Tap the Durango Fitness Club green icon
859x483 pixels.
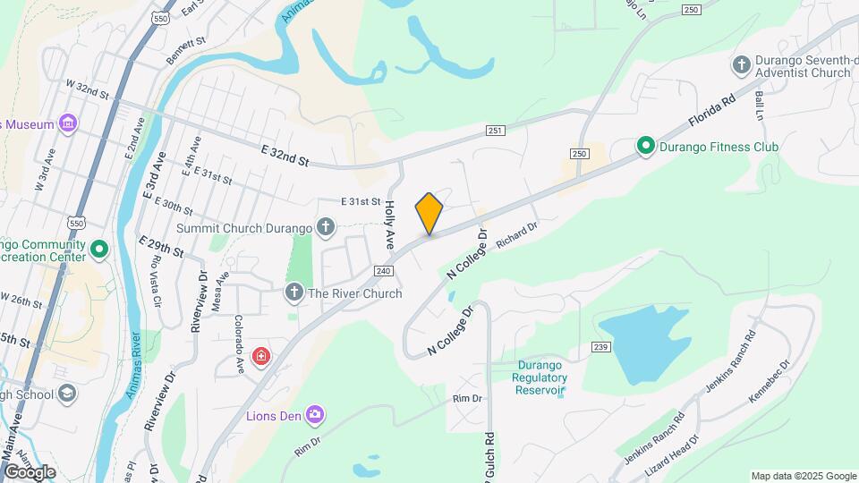pyautogui.click(x=644, y=146)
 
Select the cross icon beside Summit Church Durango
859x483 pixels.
pyautogui.click(x=327, y=227)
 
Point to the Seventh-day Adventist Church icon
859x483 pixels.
pyautogui.click(x=741, y=64)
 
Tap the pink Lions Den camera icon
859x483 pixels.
pyautogui.click(x=314, y=414)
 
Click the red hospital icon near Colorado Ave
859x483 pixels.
pyautogui.click(x=260, y=358)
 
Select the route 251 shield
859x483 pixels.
pyautogui.click(x=496, y=131)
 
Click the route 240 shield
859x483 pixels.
pyautogui.click(x=384, y=271)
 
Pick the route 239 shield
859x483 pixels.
pyautogui.click(x=600, y=347)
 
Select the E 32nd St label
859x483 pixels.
pyautogui.click(x=285, y=157)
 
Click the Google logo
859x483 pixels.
pyautogui.click(x=30, y=471)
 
